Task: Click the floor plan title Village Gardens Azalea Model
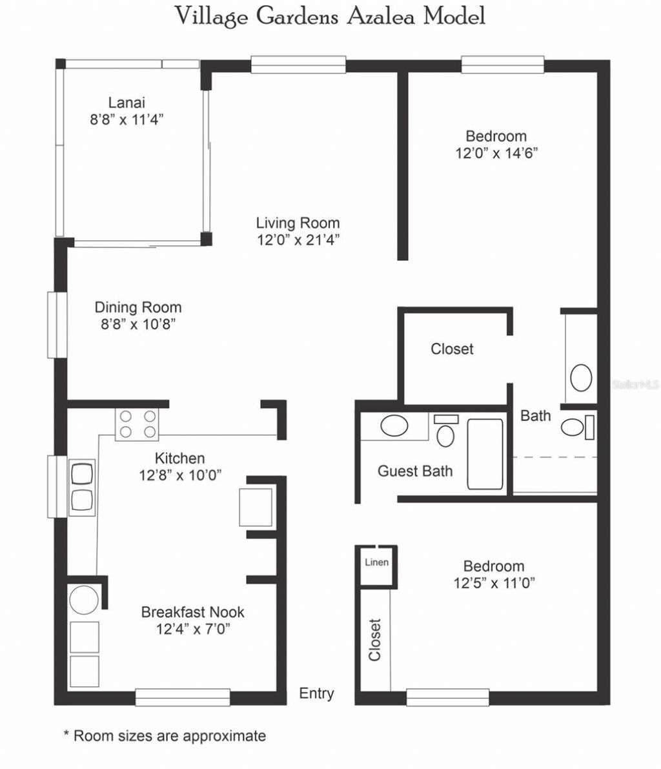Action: tap(330, 16)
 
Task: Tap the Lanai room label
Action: tap(127, 102)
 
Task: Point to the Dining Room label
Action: tap(138, 307)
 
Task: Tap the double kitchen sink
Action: tap(81, 487)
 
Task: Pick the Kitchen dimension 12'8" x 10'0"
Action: tap(180, 476)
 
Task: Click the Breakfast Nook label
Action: tap(193, 611)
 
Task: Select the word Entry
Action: tap(316, 693)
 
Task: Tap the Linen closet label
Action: tap(376, 562)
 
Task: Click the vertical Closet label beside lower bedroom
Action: tap(375, 640)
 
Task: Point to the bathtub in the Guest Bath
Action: tap(484, 454)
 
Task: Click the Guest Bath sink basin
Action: tap(394, 426)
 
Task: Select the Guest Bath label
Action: tap(415, 471)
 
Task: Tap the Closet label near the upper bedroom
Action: tap(452, 349)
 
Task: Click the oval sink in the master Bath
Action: tap(582, 378)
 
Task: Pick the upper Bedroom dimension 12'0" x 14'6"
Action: tap(496, 154)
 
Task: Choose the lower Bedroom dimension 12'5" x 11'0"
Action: tap(494, 584)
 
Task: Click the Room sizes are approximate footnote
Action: tap(164, 735)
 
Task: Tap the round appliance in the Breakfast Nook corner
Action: tap(83, 600)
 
